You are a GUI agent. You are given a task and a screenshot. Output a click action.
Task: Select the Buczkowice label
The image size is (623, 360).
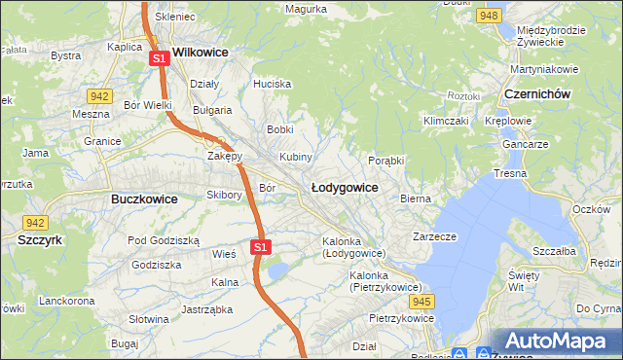(137, 198)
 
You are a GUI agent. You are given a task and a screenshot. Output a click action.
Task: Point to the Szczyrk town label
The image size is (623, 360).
(40, 238)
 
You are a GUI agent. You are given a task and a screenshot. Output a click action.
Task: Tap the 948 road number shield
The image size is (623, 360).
(490, 17)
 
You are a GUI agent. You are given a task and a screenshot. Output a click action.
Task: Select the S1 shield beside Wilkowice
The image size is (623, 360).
(161, 59)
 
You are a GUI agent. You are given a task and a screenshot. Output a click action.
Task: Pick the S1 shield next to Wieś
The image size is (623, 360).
(260, 247)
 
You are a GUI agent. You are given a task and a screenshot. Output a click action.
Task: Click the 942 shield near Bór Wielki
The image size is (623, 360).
(97, 95)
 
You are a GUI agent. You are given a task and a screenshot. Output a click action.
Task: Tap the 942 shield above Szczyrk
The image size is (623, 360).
(36, 222)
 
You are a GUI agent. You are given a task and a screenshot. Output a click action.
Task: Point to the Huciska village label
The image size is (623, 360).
(272, 84)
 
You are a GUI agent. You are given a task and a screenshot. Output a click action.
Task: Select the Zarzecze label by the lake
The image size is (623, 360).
(434, 235)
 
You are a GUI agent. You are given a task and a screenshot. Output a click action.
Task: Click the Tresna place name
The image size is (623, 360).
(510, 173)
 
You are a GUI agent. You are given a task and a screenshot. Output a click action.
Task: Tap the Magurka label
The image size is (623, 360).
(305, 9)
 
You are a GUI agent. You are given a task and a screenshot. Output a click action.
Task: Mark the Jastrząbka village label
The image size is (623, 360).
(204, 310)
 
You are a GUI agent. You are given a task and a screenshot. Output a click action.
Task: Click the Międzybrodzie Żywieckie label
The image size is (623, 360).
(551, 36)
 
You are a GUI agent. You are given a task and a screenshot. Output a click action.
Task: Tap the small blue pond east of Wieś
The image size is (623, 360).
(278, 269)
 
